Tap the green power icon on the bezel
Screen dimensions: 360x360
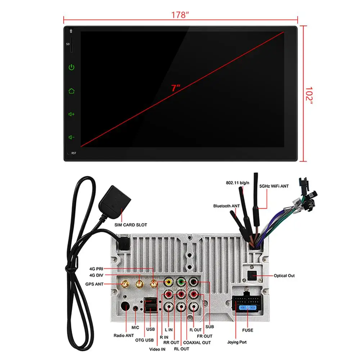[x=71, y=67]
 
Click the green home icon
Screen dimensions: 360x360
[x=71, y=91]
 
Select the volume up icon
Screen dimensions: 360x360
[x=71, y=114]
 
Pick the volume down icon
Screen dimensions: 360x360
[x=71, y=137]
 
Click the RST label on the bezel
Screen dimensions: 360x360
[x=74, y=153]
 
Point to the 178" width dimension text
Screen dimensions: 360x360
[x=180, y=15]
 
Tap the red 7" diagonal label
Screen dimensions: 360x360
[x=176, y=88]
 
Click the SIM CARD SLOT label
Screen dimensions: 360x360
[x=131, y=225]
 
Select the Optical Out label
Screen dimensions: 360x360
[x=284, y=275]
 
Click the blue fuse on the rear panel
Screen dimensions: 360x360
[x=248, y=307]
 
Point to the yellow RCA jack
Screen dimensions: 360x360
[x=169, y=282]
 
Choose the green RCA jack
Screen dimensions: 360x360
[x=181, y=282]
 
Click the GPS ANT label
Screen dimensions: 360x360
[x=94, y=284]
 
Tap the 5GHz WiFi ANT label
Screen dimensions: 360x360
[x=274, y=186]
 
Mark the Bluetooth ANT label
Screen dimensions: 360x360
[x=226, y=206]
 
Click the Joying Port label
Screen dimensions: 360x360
[x=237, y=342]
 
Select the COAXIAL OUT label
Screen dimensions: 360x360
[x=197, y=343]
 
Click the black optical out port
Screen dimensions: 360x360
[x=252, y=275]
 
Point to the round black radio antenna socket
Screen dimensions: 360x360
[x=125, y=306]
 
